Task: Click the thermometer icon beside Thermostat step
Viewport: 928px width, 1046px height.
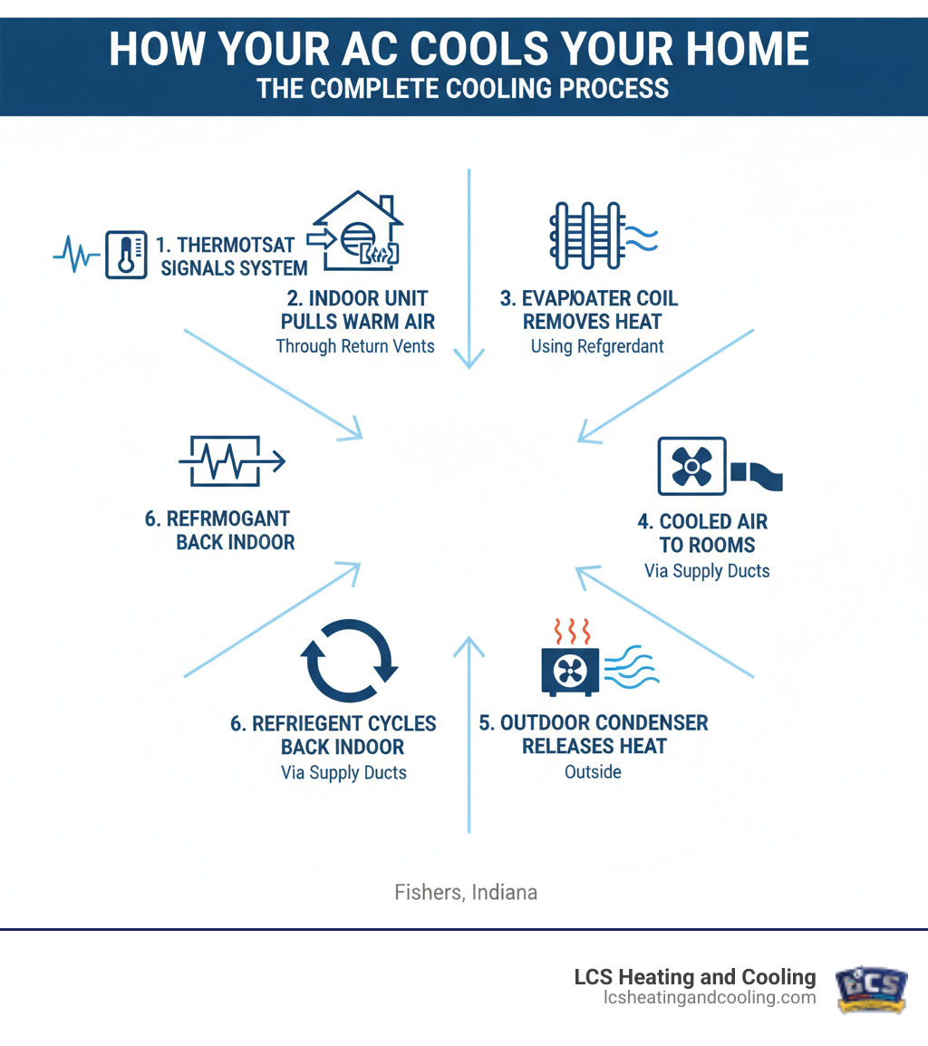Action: [x=126, y=254]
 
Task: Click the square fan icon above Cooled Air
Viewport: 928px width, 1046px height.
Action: [x=691, y=466]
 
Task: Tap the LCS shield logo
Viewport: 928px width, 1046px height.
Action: [x=871, y=986]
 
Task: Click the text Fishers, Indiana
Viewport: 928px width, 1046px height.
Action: [x=466, y=892]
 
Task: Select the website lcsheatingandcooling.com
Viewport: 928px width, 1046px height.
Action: [x=710, y=997]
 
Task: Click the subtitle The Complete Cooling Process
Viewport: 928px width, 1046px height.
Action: [x=463, y=88]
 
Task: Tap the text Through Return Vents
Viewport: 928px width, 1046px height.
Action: [x=355, y=345]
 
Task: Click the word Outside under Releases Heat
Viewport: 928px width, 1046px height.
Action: [x=593, y=771]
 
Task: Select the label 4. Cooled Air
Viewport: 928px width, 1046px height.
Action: [x=701, y=522]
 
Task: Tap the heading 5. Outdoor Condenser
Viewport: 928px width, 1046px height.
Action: [x=594, y=722]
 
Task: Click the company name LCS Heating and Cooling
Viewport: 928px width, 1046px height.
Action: [x=695, y=977]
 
